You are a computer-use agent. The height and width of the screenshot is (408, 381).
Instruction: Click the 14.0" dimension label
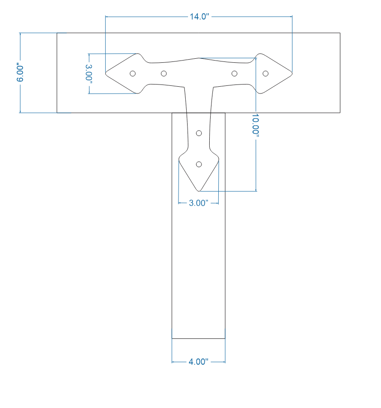(x=198, y=17)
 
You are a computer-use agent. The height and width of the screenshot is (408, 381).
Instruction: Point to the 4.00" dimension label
(x=198, y=362)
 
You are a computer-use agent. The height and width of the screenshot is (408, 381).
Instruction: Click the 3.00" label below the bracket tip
(x=198, y=203)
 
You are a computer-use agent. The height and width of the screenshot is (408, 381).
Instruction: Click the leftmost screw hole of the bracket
(x=133, y=73)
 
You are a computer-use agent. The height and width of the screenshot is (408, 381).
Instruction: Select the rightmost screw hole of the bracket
(x=265, y=73)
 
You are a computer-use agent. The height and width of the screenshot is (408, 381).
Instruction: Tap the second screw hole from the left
(x=164, y=73)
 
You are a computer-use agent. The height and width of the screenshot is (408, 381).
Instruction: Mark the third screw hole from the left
(x=234, y=73)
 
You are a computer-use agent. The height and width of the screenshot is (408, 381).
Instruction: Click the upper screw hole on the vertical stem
(x=199, y=133)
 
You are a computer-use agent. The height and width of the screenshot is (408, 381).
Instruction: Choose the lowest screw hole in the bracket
(x=199, y=164)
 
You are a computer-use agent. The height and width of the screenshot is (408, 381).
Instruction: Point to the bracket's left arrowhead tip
(x=105, y=73)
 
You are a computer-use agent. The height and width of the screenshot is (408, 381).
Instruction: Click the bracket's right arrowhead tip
(x=292, y=73)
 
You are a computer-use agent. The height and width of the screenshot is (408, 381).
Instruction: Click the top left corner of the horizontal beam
(x=56, y=33)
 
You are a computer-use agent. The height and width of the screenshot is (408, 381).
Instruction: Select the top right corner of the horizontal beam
(x=340, y=33)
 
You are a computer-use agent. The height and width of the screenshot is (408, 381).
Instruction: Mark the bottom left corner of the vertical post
(x=172, y=338)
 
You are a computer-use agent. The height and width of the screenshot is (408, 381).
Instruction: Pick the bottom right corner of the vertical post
(x=225, y=338)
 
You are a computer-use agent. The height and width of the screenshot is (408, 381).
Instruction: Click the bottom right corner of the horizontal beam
(x=340, y=113)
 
